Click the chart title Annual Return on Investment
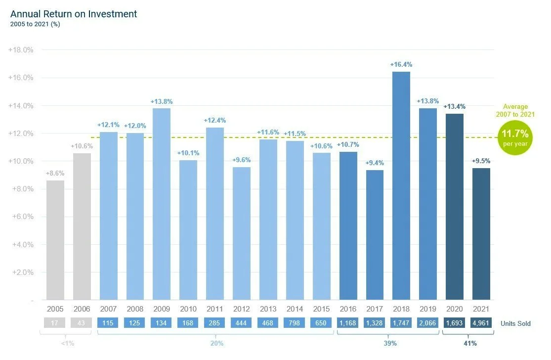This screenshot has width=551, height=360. [x=74, y=14]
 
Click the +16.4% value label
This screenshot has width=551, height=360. [x=401, y=65]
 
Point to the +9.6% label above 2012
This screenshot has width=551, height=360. [x=242, y=160]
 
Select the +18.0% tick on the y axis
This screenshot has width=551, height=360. [x=21, y=50]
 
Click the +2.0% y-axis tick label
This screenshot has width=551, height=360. [x=21, y=272]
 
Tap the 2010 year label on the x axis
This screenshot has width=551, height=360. [x=188, y=309]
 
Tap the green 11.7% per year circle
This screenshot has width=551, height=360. [x=515, y=138]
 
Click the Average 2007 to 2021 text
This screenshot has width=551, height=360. [x=515, y=110]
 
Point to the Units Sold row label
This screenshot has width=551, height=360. [x=515, y=324]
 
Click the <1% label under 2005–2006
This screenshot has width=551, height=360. [x=68, y=343]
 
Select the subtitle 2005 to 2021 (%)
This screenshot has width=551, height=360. [x=35, y=24]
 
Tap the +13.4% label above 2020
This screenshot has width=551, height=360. [x=454, y=107]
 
